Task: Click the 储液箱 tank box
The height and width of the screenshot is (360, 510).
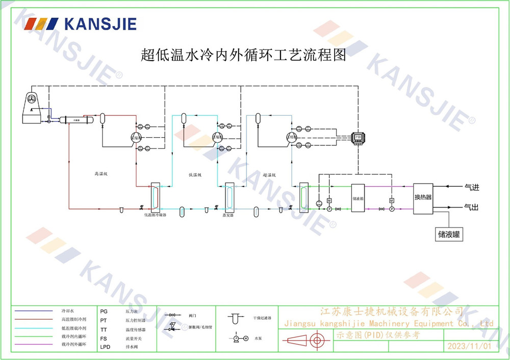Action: tap(357, 199)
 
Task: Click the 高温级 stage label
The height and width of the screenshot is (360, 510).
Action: tap(100, 174)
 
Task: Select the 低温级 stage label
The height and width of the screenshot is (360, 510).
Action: tap(195, 175)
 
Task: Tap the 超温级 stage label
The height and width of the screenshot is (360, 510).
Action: tap(269, 175)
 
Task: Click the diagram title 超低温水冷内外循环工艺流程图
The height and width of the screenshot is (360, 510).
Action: tap(243, 55)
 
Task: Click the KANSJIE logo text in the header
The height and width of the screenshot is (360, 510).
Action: tap(100, 24)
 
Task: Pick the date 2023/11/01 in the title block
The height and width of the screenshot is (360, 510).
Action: tap(469, 346)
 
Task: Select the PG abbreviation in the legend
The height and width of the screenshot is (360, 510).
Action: tap(104, 311)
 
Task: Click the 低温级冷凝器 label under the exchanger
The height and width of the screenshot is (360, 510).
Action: tap(156, 216)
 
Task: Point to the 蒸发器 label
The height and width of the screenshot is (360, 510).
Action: tap(228, 216)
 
